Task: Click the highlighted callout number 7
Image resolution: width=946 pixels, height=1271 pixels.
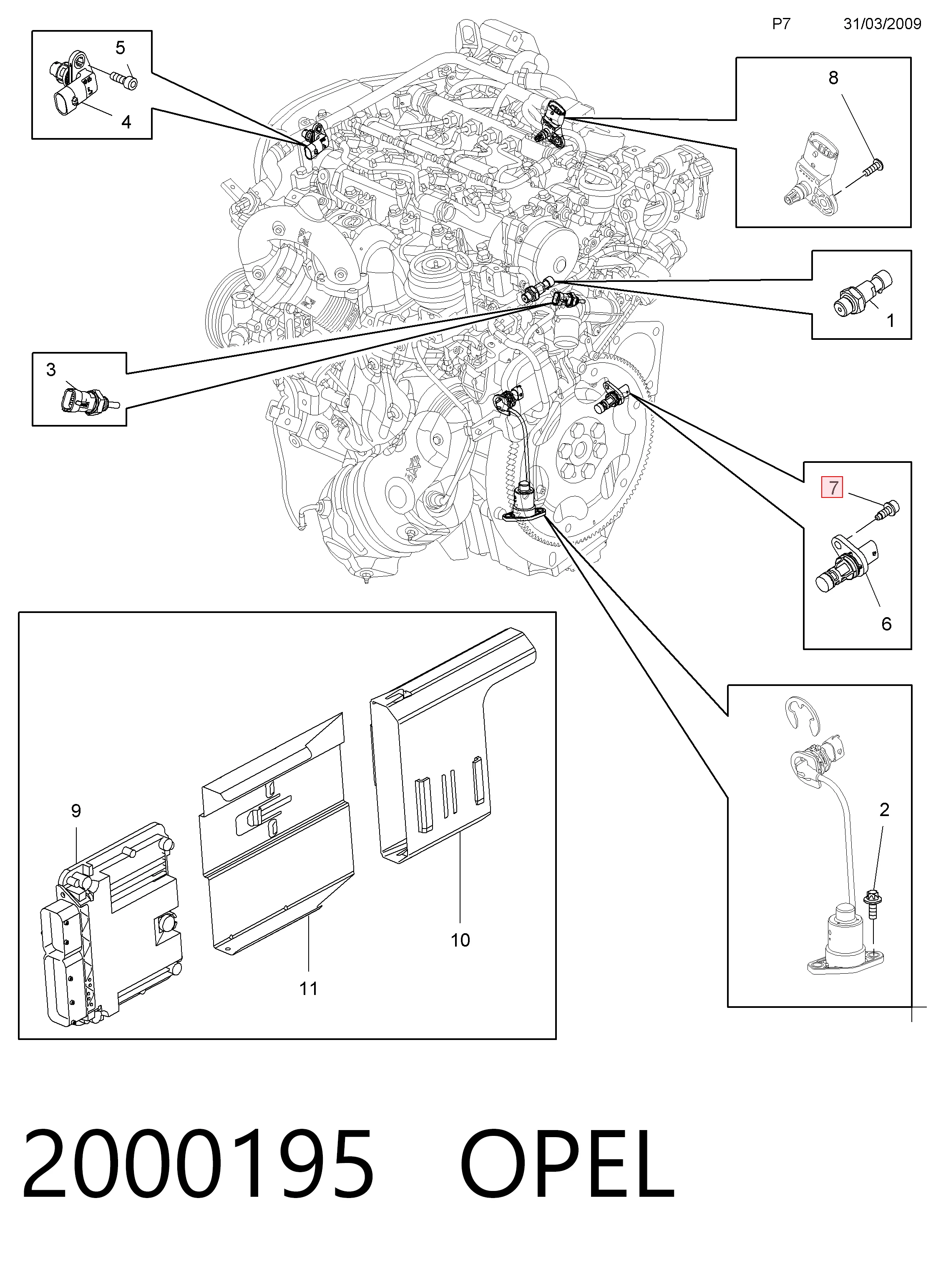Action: point(832,488)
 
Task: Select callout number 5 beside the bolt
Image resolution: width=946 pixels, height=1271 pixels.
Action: point(120,48)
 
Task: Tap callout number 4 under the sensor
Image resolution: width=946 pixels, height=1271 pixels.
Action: point(126,122)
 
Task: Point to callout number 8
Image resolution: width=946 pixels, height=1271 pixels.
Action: point(833,78)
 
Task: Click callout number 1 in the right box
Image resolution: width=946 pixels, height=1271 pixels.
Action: point(890,321)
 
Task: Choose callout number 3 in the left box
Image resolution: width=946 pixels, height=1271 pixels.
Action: point(51,370)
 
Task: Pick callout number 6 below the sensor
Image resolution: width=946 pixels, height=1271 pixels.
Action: point(886,623)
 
